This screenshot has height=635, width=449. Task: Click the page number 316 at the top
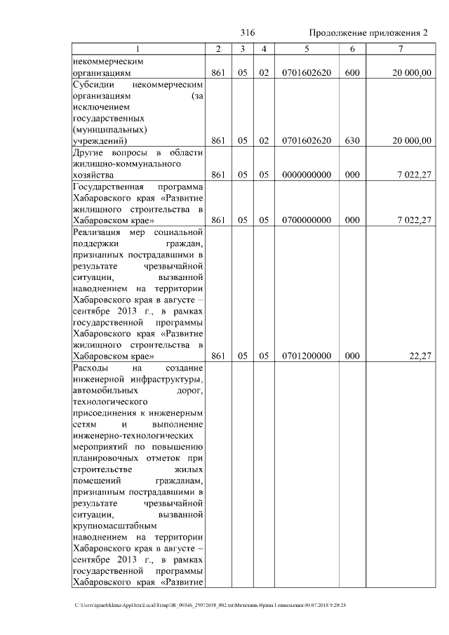(x=247, y=33)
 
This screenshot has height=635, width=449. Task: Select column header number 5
(x=307, y=49)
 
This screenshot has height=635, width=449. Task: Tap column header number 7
(x=400, y=49)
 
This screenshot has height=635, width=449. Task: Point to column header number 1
(x=138, y=49)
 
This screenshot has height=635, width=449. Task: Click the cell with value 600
(x=352, y=72)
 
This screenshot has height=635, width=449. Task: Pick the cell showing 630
(x=352, y=140)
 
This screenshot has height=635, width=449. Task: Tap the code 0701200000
(x=307, y=356)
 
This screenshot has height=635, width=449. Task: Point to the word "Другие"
(x=88, y=152)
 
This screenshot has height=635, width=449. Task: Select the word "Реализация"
(x=98, y=232)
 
